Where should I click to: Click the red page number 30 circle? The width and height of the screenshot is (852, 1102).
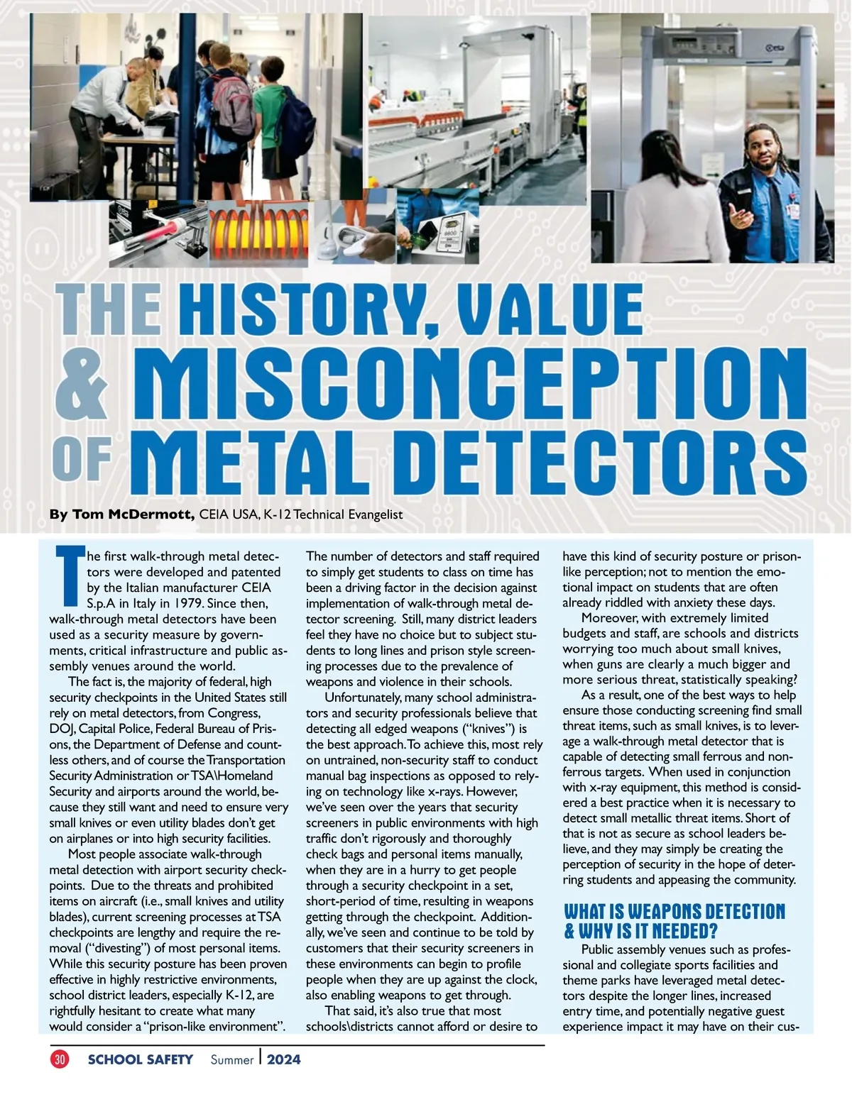pos(60,1059)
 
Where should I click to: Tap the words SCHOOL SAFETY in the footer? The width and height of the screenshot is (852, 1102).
pos(140,1059)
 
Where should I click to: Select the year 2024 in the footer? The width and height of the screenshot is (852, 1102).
pos(284,1059)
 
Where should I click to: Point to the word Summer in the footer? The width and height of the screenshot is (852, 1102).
pos(231,1060)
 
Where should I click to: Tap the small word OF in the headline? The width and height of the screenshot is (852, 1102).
pos(82,459)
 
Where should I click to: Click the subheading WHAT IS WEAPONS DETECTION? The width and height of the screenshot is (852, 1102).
pos(674,912)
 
